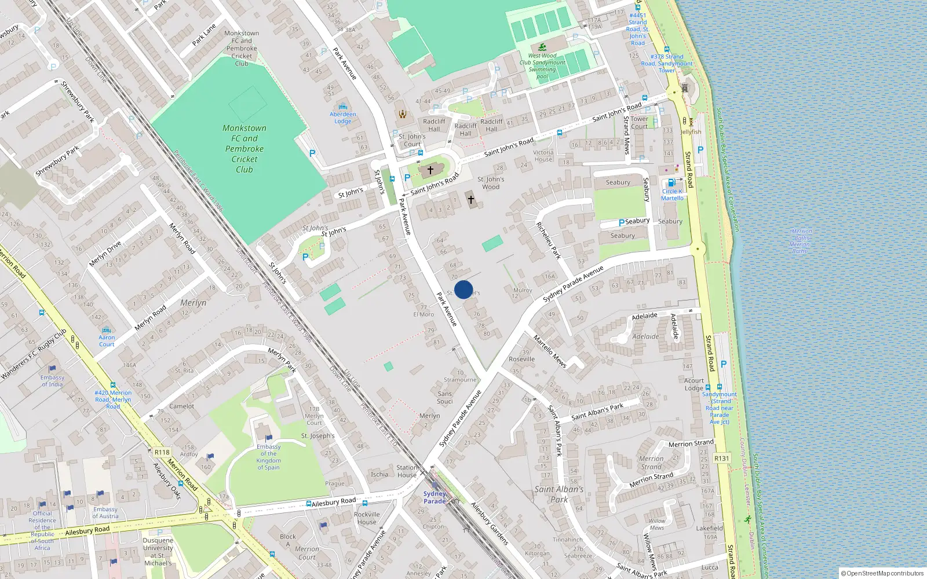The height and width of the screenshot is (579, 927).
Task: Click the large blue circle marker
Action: [x=463, y=289]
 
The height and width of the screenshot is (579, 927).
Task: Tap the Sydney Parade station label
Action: [x=435, y=497]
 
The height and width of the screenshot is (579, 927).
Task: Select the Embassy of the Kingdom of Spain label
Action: [x=268, y=457]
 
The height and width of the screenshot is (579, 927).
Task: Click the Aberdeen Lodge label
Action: [x=343, y=118]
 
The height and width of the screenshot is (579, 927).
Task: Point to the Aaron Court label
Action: [x=107, y=340]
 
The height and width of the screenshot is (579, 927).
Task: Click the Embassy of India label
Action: [x=52, y=380]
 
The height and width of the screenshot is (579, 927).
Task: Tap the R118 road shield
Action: [x=162, y=452]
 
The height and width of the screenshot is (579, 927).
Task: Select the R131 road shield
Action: [x=721, y=458]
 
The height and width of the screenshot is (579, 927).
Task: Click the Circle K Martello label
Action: [x=672, y=195]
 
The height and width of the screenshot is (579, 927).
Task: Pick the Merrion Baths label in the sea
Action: [x=801, y=241]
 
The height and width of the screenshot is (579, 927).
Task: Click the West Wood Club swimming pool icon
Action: [x=542, y=47]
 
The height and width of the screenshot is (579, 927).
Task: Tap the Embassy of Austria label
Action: [x=105, y=512]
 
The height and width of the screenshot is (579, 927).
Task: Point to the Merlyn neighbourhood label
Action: [x=193, y=303]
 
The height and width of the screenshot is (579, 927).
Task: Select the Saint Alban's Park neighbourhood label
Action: [x=559, y=494]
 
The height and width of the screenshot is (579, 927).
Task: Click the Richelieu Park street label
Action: [x=548, y=240]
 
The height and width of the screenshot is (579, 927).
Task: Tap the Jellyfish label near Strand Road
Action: [x=691, y=132]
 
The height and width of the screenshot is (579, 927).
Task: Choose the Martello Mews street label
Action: [x=549, y=351]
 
